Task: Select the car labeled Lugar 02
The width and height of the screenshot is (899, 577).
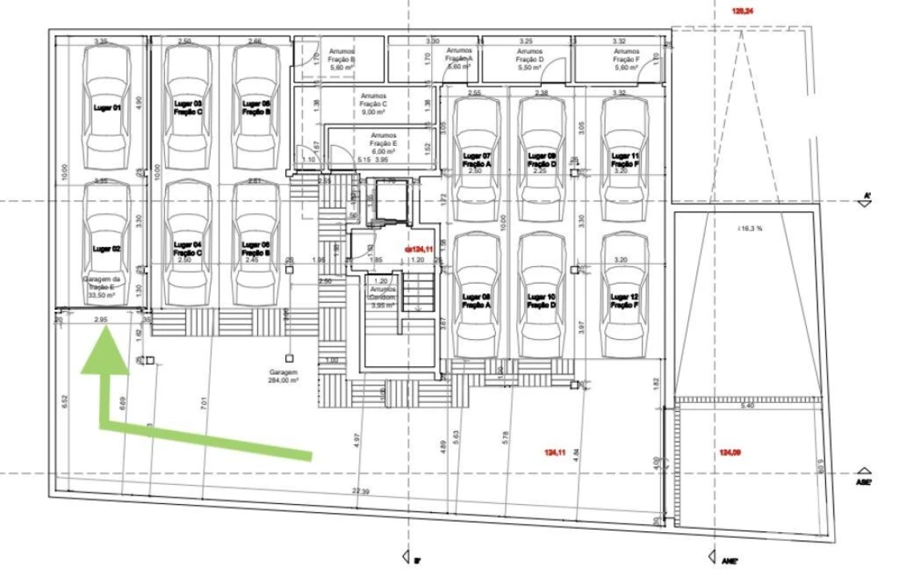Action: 107,244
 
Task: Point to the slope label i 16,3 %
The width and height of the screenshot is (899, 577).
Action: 749,228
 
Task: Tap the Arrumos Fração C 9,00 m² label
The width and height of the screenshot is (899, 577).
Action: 373,104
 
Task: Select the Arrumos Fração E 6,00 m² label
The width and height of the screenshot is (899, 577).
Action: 383,143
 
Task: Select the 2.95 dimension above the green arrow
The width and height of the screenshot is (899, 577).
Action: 101,320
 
